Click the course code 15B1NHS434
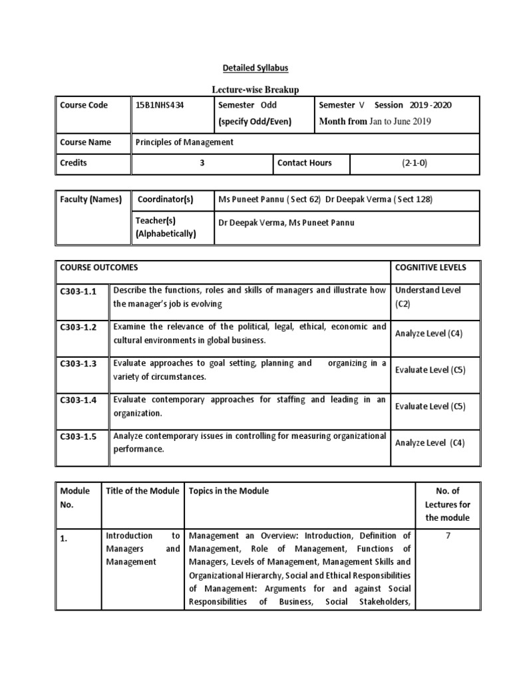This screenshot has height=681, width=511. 160,105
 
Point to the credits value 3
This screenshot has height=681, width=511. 202,163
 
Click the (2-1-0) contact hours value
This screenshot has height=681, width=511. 414,163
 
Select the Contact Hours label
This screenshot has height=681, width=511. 304,163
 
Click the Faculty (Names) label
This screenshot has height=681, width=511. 90,200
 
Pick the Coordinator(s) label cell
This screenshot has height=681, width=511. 165,200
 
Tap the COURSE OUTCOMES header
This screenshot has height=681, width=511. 99,267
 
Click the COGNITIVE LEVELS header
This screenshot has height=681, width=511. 430,267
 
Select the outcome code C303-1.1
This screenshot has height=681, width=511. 79,291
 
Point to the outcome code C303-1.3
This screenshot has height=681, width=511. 79,364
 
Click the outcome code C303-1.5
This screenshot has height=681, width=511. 79,436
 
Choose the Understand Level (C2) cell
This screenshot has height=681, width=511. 428,297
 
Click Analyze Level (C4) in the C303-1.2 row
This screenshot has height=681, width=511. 428,333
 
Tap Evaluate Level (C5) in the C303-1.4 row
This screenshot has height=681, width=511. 430,406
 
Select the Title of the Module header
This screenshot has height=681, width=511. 142,491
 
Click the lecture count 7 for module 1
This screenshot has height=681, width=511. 448,536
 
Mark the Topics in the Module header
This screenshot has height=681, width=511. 229,491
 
